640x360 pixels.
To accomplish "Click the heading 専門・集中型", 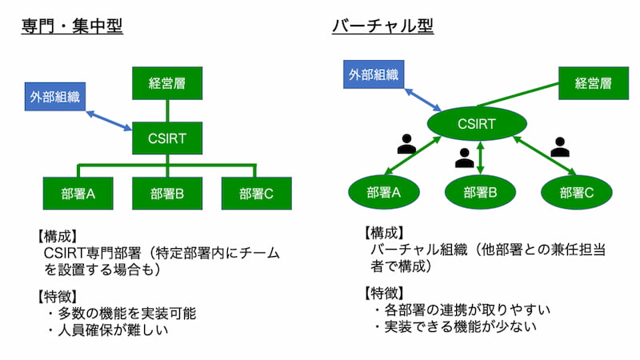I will [72, 26].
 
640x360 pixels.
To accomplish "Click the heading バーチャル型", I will [382, 26].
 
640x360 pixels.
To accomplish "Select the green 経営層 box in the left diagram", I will [167, 83].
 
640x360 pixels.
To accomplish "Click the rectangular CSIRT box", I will [167, 138].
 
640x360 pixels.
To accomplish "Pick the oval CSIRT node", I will [476, 124].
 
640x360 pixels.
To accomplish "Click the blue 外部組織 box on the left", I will [54, 99].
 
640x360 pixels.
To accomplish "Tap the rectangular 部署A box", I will [78, 193].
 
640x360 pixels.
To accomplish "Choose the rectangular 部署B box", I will [167, 193].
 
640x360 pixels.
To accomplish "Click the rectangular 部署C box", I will [256, 193].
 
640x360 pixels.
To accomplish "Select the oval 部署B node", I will [480, 192].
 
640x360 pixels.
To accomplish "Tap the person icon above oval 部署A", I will [407, 145].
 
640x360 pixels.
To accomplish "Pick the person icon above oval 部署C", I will [560, 146].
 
